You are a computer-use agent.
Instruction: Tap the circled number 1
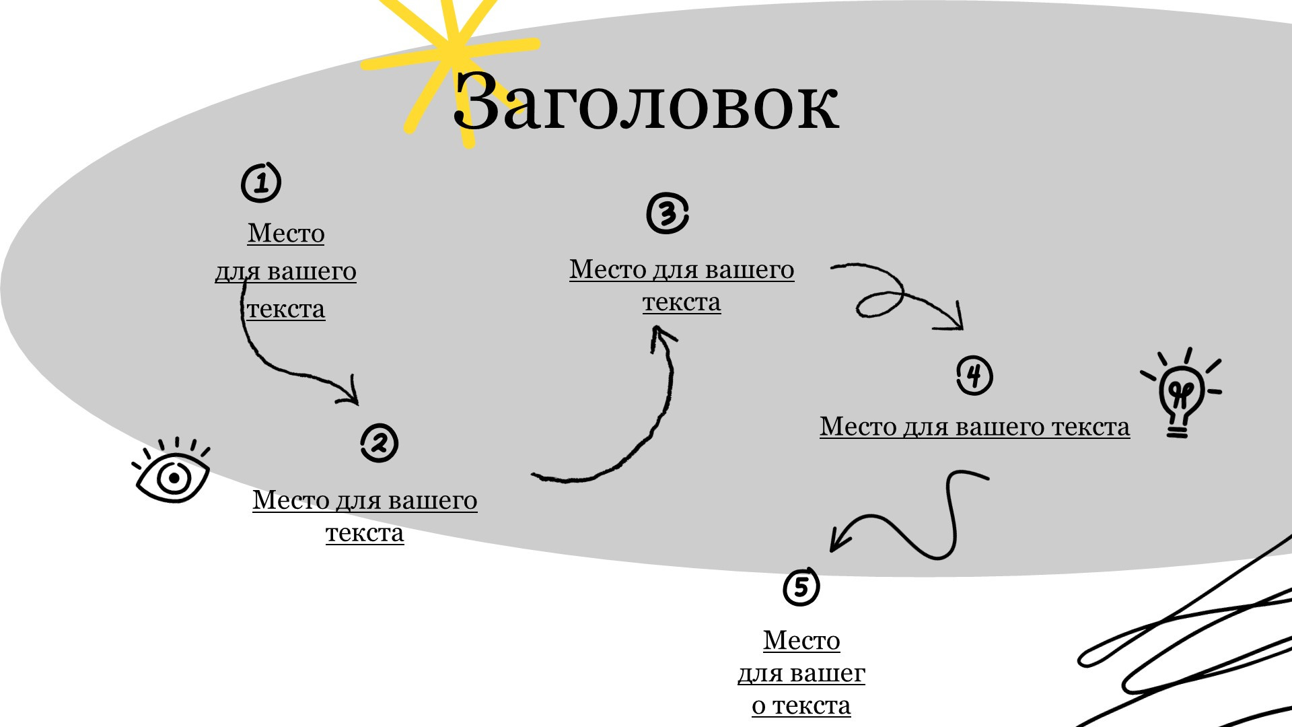pos(261,182)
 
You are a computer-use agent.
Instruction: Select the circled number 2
pos(379,443)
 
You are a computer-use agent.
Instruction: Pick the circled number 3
pos(667,214)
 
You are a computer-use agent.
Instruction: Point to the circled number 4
pos(974,376)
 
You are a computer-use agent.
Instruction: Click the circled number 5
pos(801,587)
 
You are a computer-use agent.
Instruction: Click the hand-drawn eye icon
pos(172,475)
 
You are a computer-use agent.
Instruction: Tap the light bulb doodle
pos(1180,394)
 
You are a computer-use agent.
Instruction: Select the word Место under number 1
pos(286,234)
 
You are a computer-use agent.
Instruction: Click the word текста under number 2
pos(365,532)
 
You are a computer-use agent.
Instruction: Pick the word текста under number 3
pos(682,302)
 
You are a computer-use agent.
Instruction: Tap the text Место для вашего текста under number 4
pos(974,427)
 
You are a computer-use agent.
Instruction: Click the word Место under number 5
pos(801,640)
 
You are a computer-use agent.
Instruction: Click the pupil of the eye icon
pos(174,479)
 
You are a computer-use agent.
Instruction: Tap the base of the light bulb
pos(1177,431)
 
